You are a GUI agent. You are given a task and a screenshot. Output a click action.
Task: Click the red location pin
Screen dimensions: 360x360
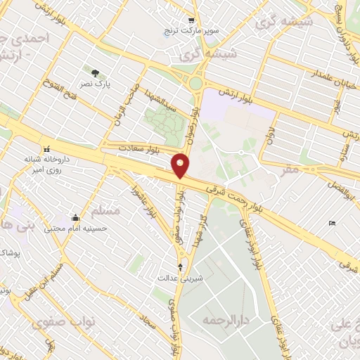(x=181, y=165)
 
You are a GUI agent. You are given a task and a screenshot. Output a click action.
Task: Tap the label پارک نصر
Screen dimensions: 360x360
(x=94, y=82)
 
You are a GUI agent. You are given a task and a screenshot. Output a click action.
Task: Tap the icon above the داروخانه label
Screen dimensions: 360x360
(x=46, y=149)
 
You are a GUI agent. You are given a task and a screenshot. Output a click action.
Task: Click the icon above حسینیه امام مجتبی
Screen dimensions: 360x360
(x=75, y=217)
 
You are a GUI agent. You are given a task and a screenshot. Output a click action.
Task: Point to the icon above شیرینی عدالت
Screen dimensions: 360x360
(x=181, y=266)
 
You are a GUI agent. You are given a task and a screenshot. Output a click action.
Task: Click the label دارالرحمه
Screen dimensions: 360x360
(x=216, y=320)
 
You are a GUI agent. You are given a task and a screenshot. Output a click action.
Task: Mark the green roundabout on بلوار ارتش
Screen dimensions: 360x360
(x=195, y=84)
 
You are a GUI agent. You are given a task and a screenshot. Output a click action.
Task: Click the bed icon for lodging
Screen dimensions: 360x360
(x=331, y=224)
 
